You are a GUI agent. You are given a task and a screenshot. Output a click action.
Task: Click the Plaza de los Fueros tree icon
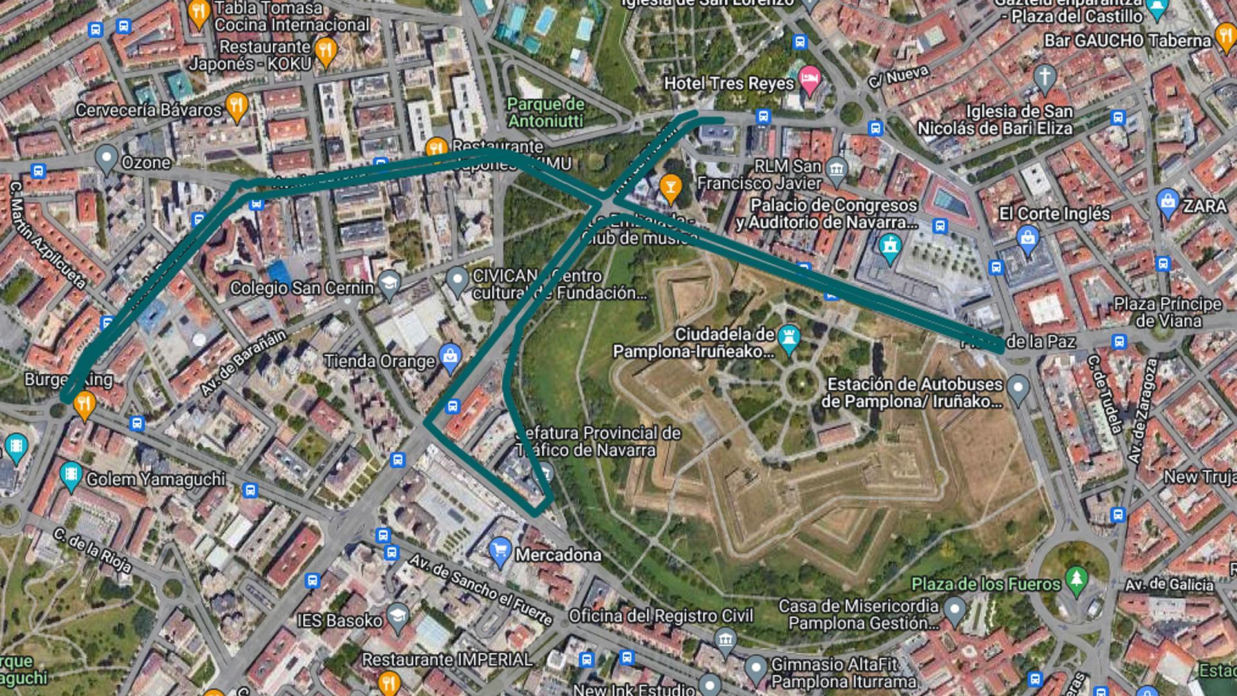click(x=1076, y=579)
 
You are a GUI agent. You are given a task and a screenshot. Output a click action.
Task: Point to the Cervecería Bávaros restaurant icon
click(x=238, y=106)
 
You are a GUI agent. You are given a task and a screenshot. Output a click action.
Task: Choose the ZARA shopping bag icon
click(x=1167, y=202)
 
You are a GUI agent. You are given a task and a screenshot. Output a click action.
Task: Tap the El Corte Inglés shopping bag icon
click(x=1028, y=239)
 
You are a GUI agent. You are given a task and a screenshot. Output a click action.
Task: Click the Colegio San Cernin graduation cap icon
click(x=389, y=284)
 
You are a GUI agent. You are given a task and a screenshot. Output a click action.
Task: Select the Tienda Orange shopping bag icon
click(x=450, y=357)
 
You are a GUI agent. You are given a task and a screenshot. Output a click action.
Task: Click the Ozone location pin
click(x=106, y=158)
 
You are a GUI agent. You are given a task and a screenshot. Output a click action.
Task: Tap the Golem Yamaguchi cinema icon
click(x=70, y=476)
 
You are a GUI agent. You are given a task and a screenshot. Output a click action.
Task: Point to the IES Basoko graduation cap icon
click(x=398, y=615)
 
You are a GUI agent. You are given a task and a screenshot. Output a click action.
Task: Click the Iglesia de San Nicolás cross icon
click(x=1044, y=77)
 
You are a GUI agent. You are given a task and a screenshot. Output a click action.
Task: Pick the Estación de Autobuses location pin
click(x=1018, y=388)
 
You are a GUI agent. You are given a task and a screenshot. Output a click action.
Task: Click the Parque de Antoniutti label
click(x=546, y=113)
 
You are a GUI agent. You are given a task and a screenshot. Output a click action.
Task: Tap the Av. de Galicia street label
click(x=1169, y=585)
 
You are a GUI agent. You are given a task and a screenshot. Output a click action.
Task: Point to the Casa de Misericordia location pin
click(x=954, y=608)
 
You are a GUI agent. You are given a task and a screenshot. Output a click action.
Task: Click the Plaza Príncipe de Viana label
click(x=1167, y=313)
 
